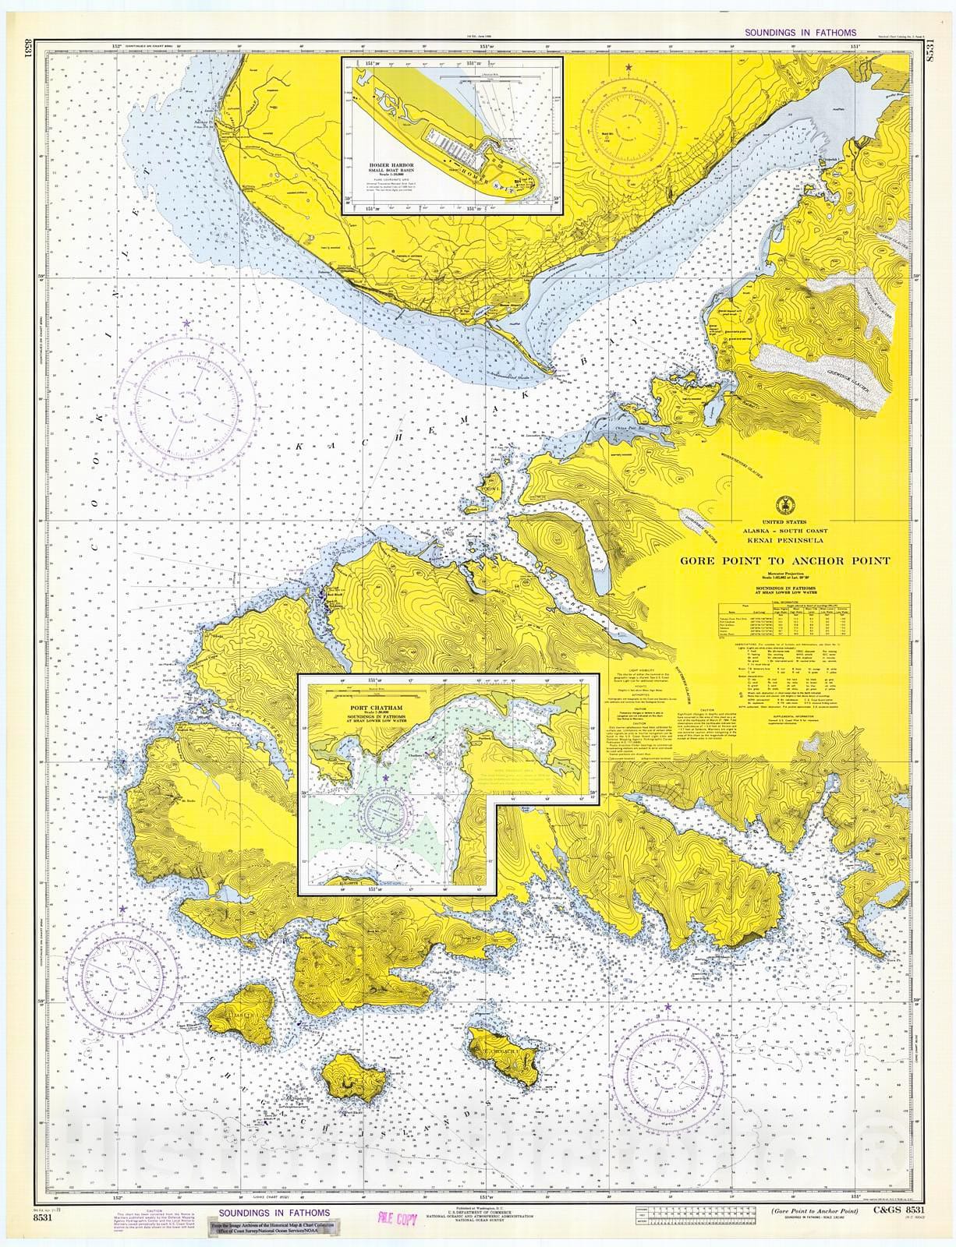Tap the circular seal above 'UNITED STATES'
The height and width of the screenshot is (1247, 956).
[782, 503]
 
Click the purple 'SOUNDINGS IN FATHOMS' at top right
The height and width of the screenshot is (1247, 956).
[801, 34]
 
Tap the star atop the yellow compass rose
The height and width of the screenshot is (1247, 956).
[628, 69]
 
